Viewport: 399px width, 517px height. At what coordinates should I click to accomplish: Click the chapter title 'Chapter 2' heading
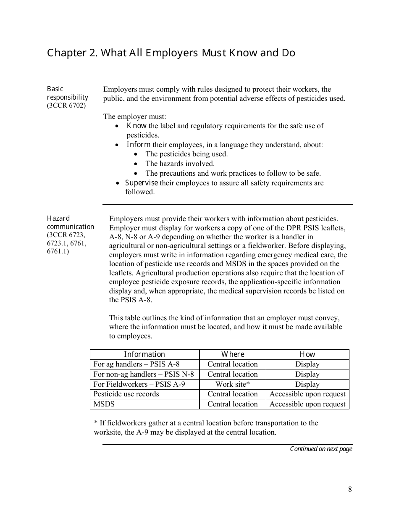point(171,53)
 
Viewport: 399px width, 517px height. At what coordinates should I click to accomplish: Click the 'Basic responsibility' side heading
point(67,93)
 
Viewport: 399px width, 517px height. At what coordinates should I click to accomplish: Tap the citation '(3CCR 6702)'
point(66,105)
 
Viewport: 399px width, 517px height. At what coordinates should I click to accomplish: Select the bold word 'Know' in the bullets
point(136,126)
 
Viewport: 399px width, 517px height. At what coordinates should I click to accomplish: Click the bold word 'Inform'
point(138,145)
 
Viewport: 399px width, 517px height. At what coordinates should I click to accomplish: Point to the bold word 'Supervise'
point(142,183)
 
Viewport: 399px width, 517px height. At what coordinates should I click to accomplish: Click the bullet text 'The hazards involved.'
point(180,164)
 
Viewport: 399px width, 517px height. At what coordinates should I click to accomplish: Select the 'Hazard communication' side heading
point(70,222)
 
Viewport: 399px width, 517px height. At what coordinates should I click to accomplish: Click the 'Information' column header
point(144,354)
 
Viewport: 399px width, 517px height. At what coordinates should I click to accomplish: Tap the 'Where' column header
point(233,354)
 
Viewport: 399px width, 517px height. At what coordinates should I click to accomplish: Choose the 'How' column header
point(307,354)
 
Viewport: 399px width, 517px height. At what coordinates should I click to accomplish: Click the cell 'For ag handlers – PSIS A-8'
point(136,364)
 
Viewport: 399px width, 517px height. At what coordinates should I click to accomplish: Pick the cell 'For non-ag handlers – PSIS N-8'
point(144,374)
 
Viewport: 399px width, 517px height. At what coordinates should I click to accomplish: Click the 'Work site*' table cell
point(233,384)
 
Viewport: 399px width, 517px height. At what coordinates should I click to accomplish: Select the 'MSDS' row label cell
point(104,404)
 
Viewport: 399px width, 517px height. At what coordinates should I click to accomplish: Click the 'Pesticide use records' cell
point(126,394)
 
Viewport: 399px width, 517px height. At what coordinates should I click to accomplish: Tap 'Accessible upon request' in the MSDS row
point(307,404)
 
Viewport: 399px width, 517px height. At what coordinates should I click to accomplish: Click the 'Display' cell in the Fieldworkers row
point(307,384)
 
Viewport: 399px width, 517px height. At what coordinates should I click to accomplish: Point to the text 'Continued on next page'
point(321,449)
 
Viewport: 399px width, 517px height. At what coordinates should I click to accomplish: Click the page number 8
point(350,489)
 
